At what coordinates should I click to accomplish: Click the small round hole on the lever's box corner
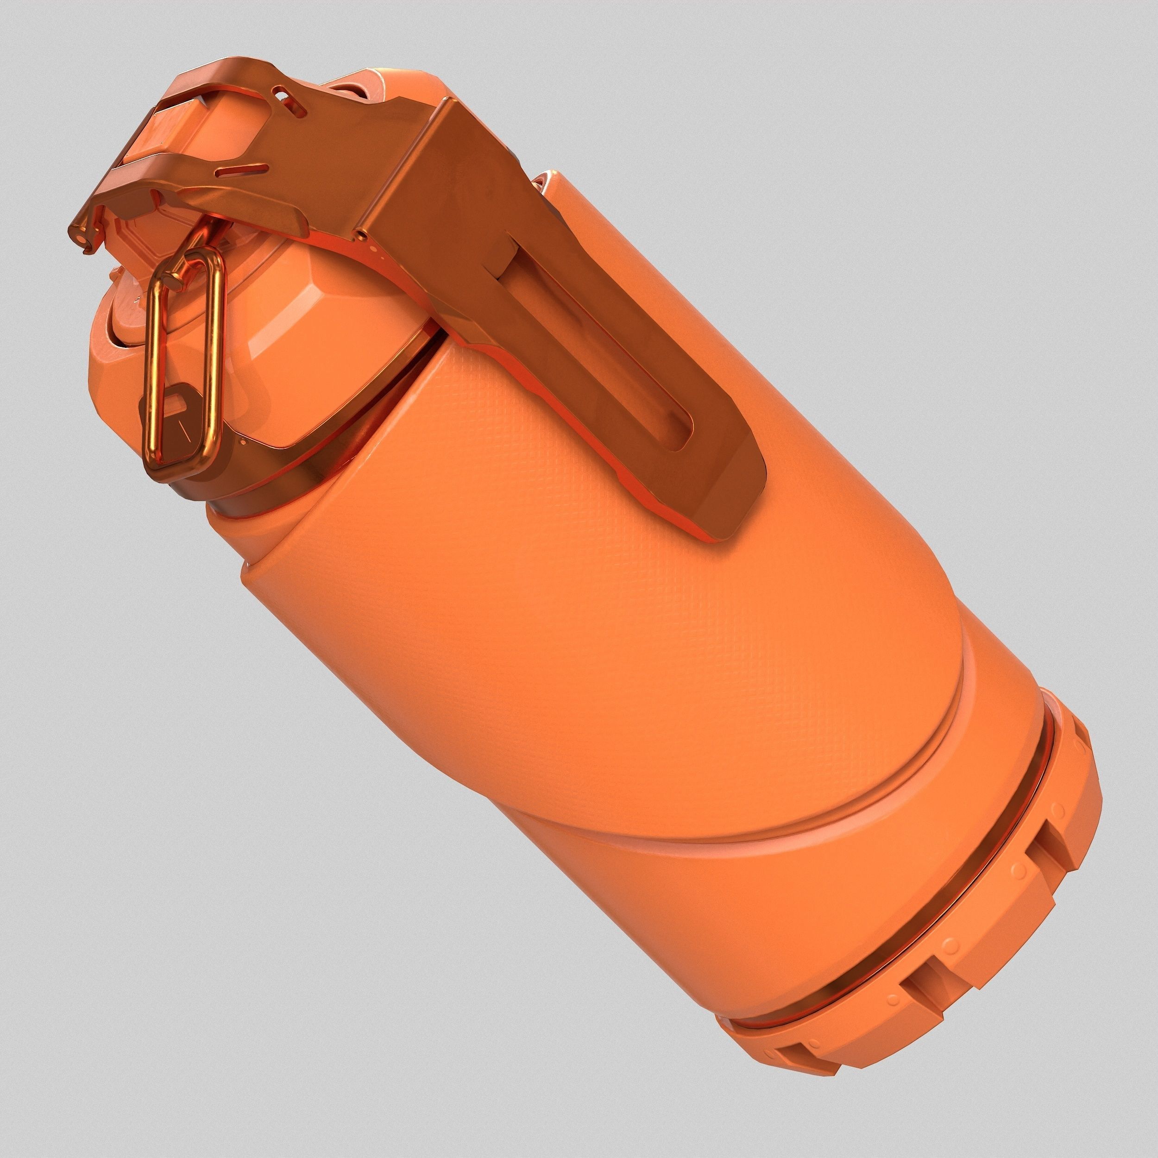click(359, 233)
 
